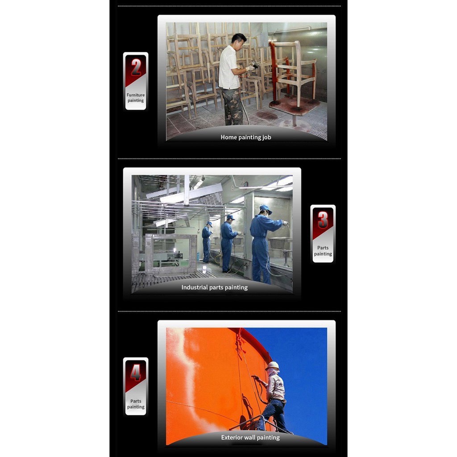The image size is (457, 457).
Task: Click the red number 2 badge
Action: [136, 67]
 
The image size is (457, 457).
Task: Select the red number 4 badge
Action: [136, 373]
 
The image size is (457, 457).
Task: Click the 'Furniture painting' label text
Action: [136, 98]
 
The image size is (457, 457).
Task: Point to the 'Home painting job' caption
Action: [246, 137]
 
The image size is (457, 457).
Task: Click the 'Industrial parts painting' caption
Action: [215, 287]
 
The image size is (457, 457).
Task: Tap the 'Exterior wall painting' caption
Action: [250, 437]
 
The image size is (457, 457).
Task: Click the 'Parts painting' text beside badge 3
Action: [323, 251]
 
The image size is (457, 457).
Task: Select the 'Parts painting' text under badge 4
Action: [136, 404]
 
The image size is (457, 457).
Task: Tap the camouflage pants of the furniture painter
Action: [232, 106]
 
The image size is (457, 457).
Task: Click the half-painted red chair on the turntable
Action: [291, 73]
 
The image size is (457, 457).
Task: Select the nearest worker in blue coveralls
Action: [264, 245]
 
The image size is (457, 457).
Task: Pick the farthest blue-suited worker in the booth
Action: [207, 242]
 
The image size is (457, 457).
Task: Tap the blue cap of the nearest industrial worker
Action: [265, 209]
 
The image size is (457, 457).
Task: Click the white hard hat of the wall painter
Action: [273, 366]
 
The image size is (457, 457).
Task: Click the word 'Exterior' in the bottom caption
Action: [232, 437]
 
